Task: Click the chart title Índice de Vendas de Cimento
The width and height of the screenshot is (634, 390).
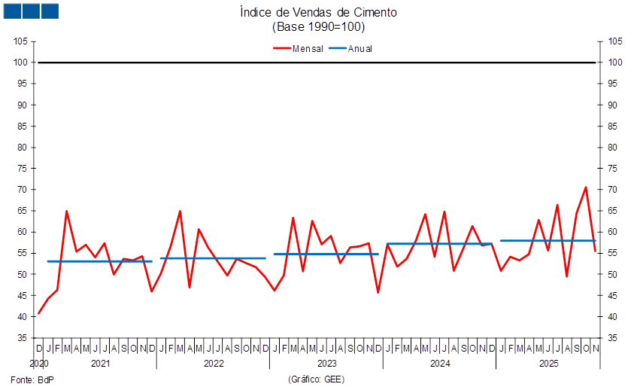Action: [x=317, y=12]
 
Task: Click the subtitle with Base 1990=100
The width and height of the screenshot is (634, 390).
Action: [x=317, y=26]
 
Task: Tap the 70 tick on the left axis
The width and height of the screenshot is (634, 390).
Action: [x=22, y=190]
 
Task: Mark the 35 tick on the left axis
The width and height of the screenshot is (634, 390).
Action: [x=22, y=338]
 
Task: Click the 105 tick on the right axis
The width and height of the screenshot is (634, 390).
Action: [x=616, y=41]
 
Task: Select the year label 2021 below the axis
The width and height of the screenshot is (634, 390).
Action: [x=100, y=364]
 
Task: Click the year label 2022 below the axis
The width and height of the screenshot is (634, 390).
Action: [x=214, y=364]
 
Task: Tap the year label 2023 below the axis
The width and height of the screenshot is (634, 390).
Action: [x=326, y=364]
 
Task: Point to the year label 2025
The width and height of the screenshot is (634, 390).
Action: [x=550, y=364]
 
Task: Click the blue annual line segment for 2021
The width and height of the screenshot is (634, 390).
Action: [x=99, y=261]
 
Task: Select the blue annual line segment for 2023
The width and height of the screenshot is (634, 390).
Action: [x=326, y=254]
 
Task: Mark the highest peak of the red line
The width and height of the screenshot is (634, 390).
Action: [x=586, y=187]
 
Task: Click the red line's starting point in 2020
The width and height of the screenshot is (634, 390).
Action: [x=39, y=313]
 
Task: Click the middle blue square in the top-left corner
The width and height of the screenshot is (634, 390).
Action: [x=31, y=11]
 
